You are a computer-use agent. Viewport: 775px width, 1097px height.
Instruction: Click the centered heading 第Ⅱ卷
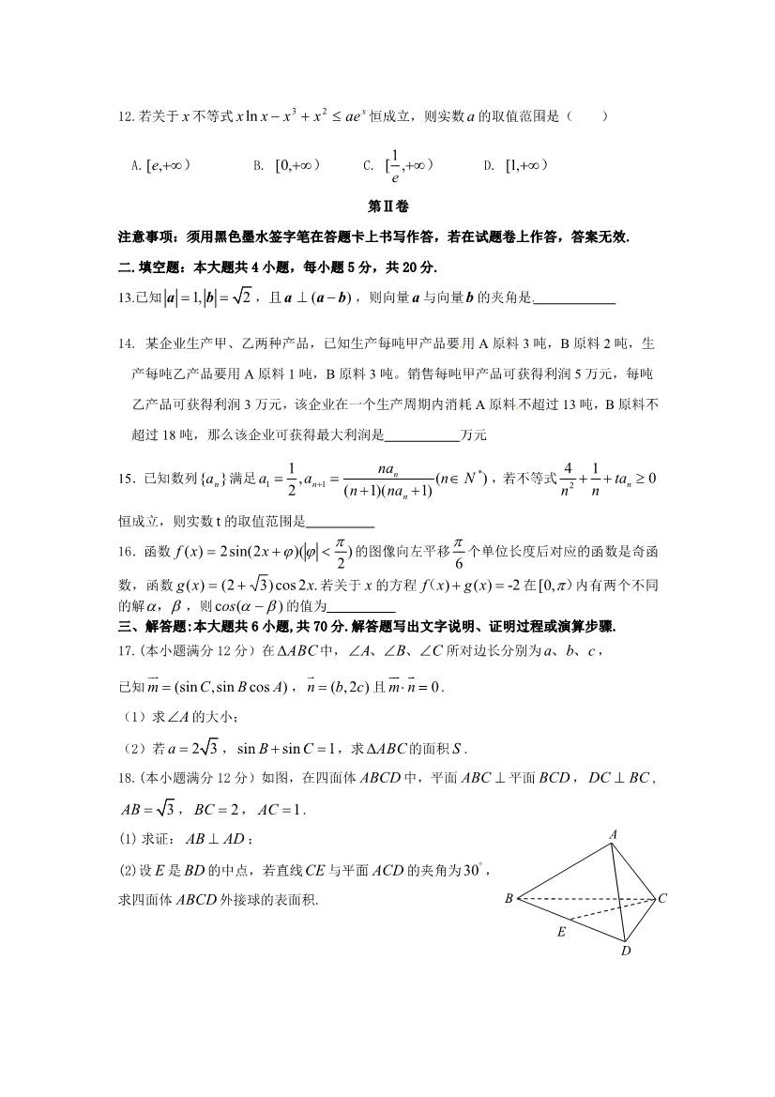[x=387, y=206]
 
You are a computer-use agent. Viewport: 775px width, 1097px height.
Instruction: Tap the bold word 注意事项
[x=144, y=236]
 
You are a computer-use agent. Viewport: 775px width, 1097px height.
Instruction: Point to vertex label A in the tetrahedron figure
[x=613, y=834]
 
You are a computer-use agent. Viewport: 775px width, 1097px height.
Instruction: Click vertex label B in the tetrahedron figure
[x=508, y=899]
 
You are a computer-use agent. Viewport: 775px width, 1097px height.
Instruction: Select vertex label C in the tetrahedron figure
[x=662, y=899]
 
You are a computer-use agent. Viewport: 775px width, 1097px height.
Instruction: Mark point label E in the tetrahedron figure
[x=561, y=932]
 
